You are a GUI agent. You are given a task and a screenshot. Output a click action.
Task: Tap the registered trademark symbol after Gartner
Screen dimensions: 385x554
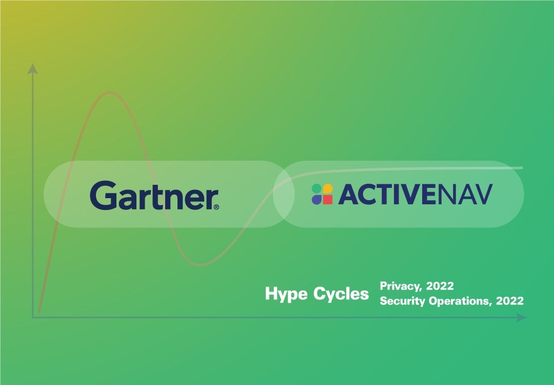(x=216, y=207)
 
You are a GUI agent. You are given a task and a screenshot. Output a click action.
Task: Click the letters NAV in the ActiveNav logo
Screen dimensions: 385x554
(x=467, y=195)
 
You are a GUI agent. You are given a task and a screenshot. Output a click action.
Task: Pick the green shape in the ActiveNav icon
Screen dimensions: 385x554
(x=316, y=189)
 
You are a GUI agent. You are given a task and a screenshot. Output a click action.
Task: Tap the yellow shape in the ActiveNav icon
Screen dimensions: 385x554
(x=327, y=189)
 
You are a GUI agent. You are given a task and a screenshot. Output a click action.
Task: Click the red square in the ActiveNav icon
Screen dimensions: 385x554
(x=327, y=200)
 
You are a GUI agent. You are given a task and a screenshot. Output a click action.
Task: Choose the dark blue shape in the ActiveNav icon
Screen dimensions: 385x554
(x=316, y=200)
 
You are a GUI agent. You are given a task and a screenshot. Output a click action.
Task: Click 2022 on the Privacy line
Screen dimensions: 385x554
(x=440, y=286)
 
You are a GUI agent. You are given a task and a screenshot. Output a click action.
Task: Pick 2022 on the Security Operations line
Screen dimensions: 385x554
(x=510, y=301)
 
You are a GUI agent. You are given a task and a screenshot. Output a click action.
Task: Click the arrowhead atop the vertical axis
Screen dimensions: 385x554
(x=33, y=68)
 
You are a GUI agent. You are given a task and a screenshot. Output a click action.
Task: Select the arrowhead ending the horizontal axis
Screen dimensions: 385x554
(x=522, y=318)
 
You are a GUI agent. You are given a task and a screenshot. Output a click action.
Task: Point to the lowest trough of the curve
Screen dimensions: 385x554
(x=201, y=265)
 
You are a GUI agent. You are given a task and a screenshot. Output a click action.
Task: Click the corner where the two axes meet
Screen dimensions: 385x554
(x=33, y=318)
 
